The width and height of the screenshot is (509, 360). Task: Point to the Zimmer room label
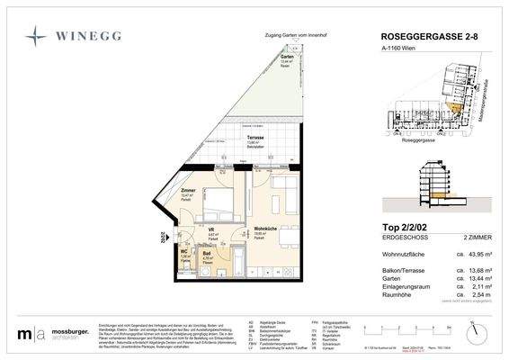(x=188, y=190)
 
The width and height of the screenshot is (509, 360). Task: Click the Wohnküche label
(x=263, y=229)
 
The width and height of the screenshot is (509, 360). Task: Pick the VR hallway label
(x=211, y=229)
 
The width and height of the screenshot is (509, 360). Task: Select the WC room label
(x=184, y=253)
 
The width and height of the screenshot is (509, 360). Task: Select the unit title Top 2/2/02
(x=399, y=229)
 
